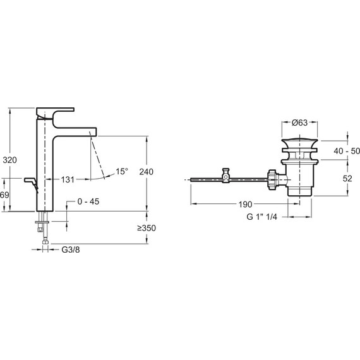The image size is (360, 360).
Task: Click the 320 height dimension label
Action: tap(10, 160)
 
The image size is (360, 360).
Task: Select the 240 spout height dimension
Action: tap(147, 172)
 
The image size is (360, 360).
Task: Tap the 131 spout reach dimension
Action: tap(68, 180)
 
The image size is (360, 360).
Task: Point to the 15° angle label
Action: tap(122, 171)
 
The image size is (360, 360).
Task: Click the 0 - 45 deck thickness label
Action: tap(88, 201)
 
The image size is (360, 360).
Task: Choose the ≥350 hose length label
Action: tap(147, 228)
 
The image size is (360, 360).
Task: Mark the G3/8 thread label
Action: tap(71, 249)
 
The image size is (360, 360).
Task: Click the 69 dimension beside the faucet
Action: tap(4, 195)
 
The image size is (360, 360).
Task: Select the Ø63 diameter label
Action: tap(299, 123)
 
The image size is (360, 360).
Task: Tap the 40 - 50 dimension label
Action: tap(347, 151)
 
